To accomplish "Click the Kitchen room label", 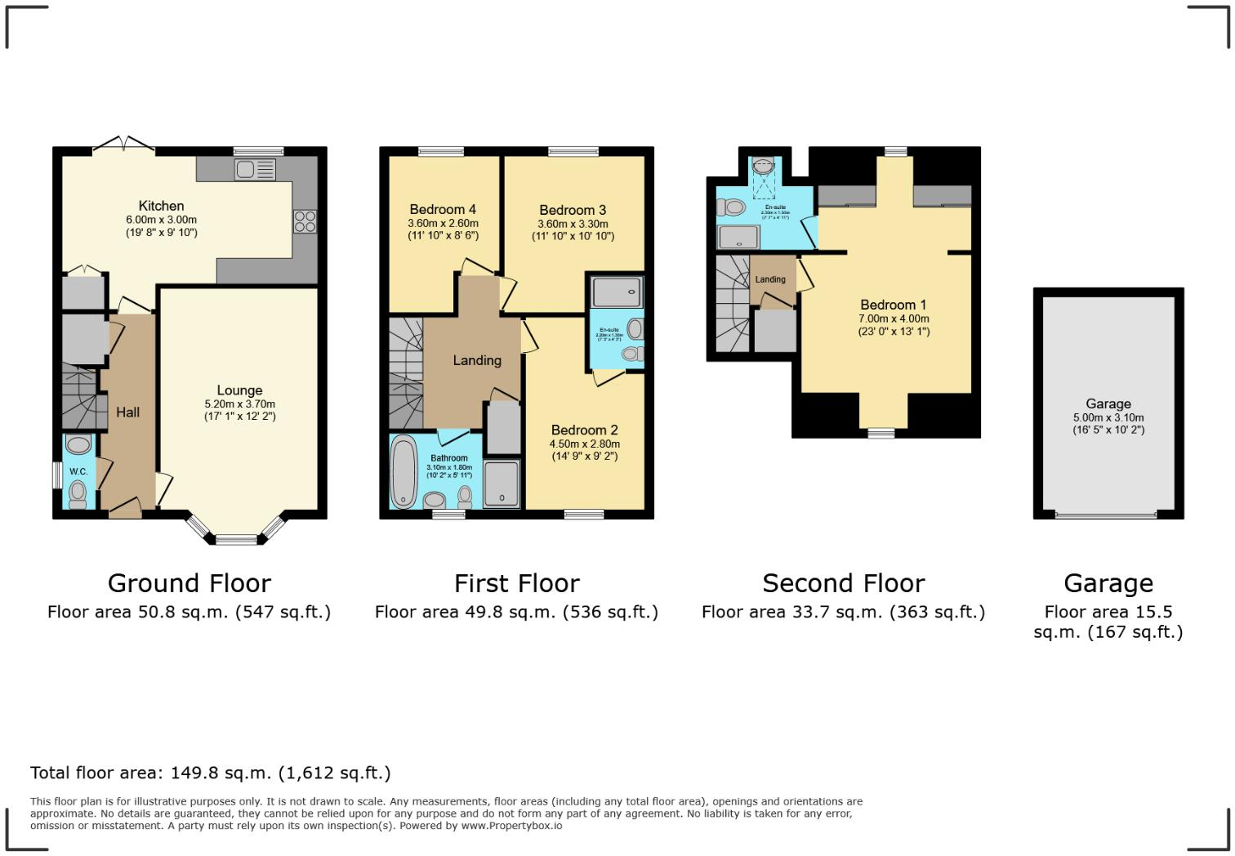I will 161,206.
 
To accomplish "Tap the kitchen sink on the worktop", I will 255,170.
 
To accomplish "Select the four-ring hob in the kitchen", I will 305,221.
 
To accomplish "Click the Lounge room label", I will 239,390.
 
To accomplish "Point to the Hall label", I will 127,412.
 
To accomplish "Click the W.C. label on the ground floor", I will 78,472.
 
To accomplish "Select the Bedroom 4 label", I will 443,210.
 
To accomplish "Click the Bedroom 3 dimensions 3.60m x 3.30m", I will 573,224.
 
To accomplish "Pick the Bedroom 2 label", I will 584,430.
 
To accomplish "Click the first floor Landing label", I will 477,360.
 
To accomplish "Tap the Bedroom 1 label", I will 893,305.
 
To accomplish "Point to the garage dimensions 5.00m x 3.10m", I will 1108,417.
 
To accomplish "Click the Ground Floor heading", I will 189,583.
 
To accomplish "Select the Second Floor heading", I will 843,583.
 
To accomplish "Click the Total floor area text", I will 210,773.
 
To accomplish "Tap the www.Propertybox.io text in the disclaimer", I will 511,826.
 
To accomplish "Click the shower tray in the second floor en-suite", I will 738,237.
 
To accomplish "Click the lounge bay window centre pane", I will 235,538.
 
